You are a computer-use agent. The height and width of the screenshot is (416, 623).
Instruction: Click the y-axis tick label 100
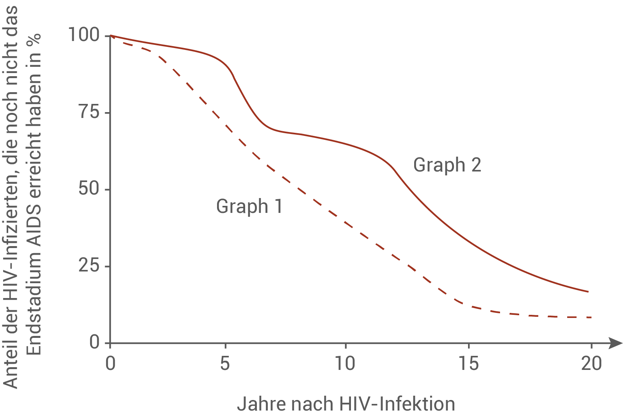coord(84,35)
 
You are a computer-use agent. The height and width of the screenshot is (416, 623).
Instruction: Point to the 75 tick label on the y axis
coord(89,112)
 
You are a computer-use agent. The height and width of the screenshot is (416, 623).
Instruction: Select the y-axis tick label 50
coord(89,189)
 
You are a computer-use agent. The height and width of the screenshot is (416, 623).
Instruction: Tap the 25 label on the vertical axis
coord(89,266)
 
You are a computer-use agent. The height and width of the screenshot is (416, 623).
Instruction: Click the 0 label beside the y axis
coord(95,343)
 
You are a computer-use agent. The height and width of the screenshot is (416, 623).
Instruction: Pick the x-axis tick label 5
coord(225,364)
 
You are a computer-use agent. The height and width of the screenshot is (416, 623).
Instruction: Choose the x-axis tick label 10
coord(345,364)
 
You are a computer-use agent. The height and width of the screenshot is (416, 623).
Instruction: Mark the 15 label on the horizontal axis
coord(468,364)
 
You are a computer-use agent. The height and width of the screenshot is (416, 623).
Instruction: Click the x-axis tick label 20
coord(591,364)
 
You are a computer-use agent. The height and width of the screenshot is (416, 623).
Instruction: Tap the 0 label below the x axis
coord(110,364)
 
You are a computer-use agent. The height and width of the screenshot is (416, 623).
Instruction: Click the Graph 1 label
coord(249,206)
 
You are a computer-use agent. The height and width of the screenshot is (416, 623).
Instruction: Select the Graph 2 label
coord(447,165)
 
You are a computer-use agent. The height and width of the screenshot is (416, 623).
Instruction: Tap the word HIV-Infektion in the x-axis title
coord(397,404)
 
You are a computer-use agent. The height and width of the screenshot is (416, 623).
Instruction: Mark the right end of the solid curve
coord(588,292)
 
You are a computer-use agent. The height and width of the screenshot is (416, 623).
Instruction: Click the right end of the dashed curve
coord(592,317)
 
